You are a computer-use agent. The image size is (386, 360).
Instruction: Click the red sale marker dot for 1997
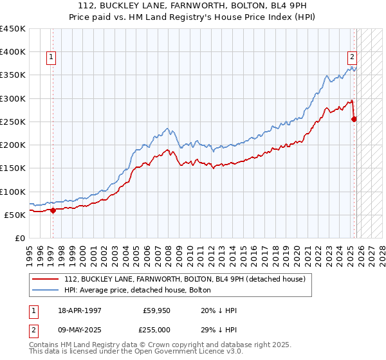click(53, 210)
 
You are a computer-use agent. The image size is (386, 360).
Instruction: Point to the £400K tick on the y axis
click(13, 52)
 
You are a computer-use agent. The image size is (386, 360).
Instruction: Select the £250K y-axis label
click(13, 122)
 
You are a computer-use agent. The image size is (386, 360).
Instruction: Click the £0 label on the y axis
click(19, 238)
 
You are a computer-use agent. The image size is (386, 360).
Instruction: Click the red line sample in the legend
click(46, 278)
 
